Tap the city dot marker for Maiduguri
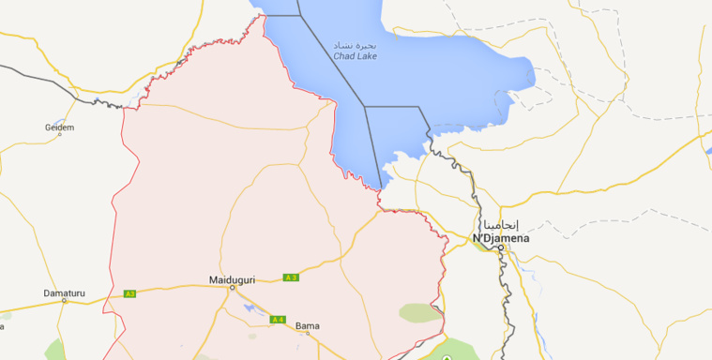click(x=232, y=288)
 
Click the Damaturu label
click(x=64, y=292)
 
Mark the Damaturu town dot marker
click(x=64, y=301)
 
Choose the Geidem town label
click(x=59, y=126)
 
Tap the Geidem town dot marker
click(x=59, y=134)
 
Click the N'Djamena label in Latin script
click(x=501, y=238)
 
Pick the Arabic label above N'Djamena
click(x=501, y=225)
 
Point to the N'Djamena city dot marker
click(x=501, y=247)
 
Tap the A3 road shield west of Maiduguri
click(x=130, y=293)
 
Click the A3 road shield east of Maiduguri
click(x=291, y=277)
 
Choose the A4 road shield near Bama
click(x=278, y=320)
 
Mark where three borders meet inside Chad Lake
click(x=365, y=107)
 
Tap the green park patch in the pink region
click(x=418, y=312)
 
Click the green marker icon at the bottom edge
click(x=447, y=357)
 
